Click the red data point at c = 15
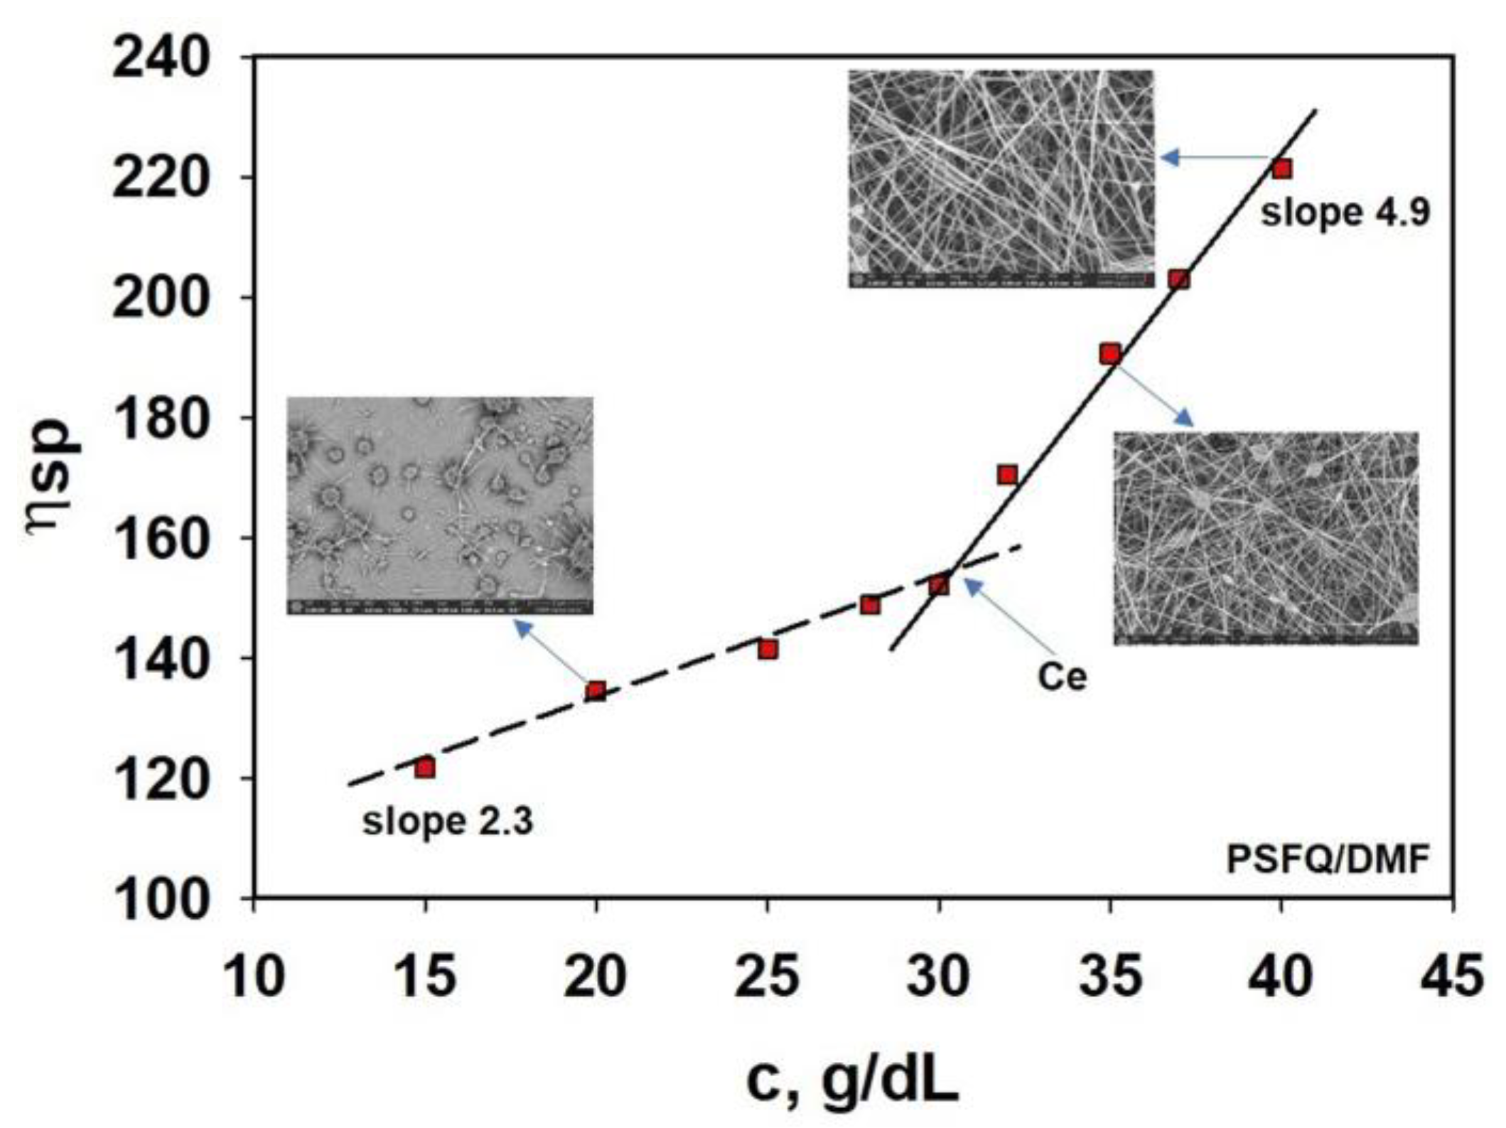click(x=425, y=768)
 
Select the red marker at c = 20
click(x=596, y=691)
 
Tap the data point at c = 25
click(x=768, y=650)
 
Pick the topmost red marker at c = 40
click(x=1281, y=169)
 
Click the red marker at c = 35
click(x=1110, y=353)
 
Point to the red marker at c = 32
click(x=1007, y=475)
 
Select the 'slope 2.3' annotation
click(x=448, y=822)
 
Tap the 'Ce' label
click(x=1062, y=677)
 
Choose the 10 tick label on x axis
click(x=254, y=977)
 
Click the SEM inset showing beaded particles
click(x=440, y=505)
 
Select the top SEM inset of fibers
click(x=1001, y=178)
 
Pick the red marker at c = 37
click(x=1178, y=279)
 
